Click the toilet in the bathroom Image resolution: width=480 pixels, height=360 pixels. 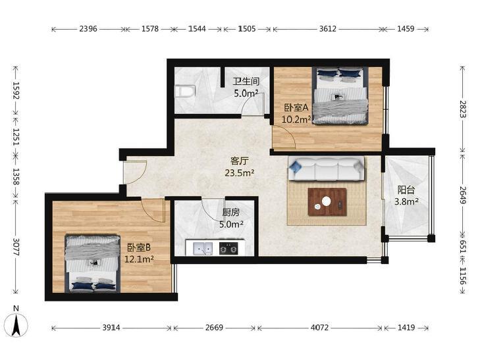pyautogui.click(x=185, y=91)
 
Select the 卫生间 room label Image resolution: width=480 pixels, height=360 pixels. pyautogui.click(x=246, y=82)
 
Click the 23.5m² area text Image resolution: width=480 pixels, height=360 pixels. pyautogui.click(x=240, y=173)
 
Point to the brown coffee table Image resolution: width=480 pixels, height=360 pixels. pyautogui.click(x=327, y=201)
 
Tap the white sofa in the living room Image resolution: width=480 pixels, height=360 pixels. pyautogui.click(x=327, y=168)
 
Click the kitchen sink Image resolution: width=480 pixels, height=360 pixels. pyautogui.click(x=203, y=248)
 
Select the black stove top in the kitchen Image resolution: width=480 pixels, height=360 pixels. pyautogui.click(x=228, y=248)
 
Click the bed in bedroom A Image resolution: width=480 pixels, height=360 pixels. pyautogui.click(x=340, y=95)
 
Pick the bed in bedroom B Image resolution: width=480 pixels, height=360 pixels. pyautogui.click(x=93, y=263)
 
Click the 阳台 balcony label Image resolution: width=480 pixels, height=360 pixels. pyautogui.click(x=406, y=190)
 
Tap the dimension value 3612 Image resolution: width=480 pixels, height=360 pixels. pyautogui.click(x=328, y=29)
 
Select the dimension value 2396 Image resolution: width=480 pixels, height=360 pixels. pyautogui.click(x=88, y=29)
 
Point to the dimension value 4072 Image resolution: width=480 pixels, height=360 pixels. pyautogui.click(x=319, y=328)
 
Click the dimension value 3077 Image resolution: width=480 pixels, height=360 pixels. pyautogui.click(x=16, y=247)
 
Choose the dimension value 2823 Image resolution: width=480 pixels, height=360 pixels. pyautogui.click(x=463, y=109)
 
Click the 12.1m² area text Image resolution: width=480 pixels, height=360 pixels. pyautogui.click(x=140, y=259)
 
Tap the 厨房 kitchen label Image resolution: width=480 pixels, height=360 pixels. pyautogui.click(x=231, y=213)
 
